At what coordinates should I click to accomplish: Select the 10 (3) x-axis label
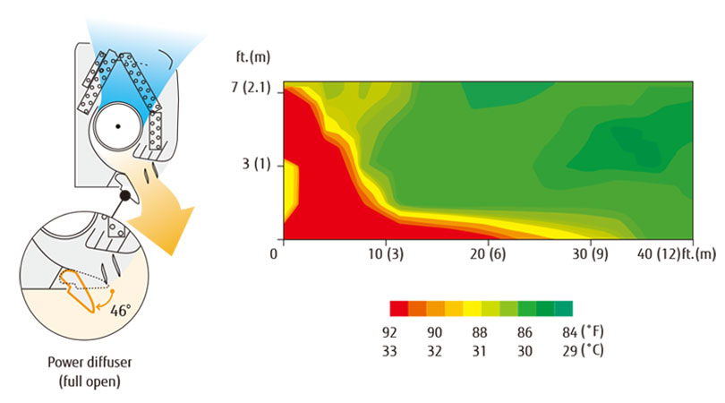pos(388,254)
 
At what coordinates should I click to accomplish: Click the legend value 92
pos(389,331)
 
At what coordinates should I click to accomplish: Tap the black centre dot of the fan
pos(117,127)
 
